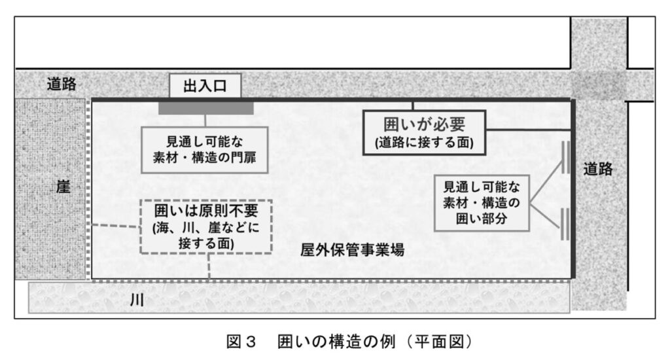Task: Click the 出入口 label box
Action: (205, 87)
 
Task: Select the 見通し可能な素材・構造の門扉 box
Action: (205, 150)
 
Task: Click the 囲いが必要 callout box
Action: (424, 131)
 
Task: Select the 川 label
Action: (137, 302)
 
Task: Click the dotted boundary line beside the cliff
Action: (88, 190)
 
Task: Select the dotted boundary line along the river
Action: (327, 279)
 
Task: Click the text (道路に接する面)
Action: (424, 141)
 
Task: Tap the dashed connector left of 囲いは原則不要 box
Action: (116, 226)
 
